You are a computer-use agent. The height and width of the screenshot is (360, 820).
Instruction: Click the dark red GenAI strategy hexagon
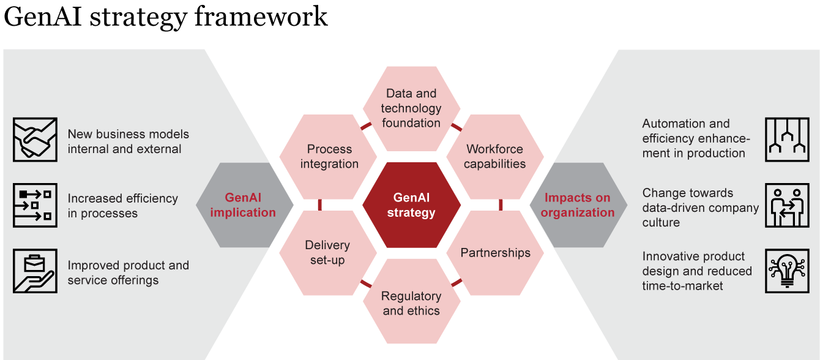(411, 205)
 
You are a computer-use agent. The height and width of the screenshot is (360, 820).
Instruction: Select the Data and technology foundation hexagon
(411, 109)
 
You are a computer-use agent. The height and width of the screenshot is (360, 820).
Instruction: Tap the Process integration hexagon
(329, 157)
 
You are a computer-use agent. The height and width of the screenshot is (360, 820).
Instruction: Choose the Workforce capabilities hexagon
(495, 157)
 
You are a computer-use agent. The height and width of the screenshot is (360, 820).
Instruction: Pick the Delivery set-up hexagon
(328, 253)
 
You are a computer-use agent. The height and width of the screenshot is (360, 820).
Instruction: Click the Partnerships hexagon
(495, 253)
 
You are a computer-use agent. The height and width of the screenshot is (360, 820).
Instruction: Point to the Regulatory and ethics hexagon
(411, 301)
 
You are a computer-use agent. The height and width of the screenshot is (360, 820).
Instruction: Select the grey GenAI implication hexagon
(245, 205)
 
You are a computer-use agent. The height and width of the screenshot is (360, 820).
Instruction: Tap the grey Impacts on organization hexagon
(578, 205)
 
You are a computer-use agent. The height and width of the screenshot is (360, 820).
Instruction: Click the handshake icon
(35, 140)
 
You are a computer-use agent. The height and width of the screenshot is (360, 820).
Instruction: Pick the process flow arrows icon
(35, 205)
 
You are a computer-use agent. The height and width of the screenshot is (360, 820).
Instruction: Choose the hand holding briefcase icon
(35, 271)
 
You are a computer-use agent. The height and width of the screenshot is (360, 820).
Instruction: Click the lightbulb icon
(787, 271)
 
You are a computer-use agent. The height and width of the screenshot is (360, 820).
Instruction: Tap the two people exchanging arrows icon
(787, 205)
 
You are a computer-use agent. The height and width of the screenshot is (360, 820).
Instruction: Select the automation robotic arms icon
(787, 140)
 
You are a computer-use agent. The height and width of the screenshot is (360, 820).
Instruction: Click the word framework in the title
(261, 17)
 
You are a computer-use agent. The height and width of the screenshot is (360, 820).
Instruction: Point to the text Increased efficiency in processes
(122, 206)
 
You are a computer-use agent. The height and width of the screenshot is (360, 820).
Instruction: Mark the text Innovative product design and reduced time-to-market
(697, 271)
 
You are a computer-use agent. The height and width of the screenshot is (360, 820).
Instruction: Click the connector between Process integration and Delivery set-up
(320, 204)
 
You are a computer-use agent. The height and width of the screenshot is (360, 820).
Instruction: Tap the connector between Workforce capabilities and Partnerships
(501, 204)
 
